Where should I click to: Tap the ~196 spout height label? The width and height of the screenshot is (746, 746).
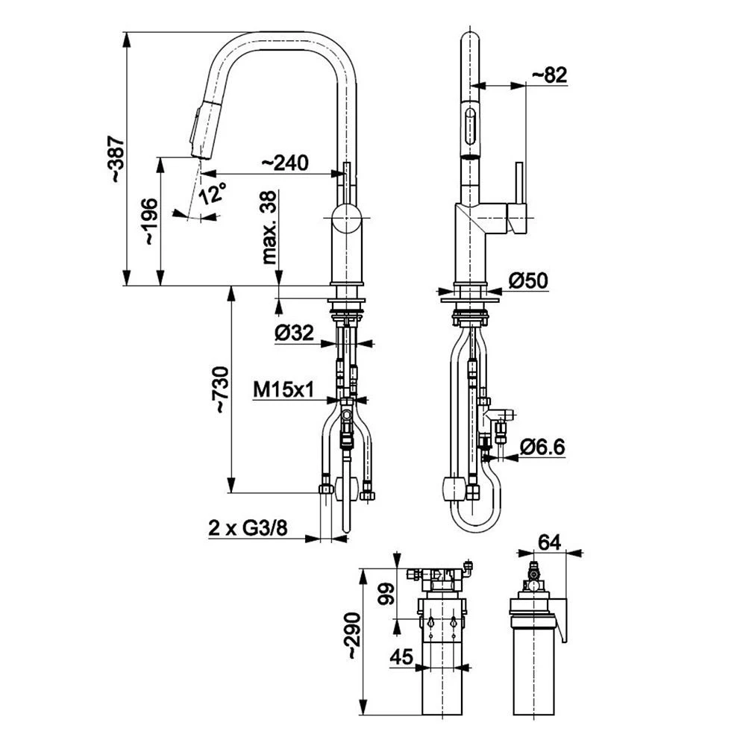[x=151, y=222]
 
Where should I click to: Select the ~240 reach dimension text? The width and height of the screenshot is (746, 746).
[x=285, y=163]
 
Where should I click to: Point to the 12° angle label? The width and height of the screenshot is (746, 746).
[x=211, y=193]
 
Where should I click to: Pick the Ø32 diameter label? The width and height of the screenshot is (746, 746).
[x=294, y=333]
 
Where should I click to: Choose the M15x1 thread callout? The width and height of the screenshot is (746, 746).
[x=283, y=390]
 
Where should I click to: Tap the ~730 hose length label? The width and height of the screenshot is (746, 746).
[x=221, y=389]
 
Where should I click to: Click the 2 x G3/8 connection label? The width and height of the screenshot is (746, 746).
[x=248, y=528]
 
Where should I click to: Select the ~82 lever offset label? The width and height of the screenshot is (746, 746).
[x=550, y=75]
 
